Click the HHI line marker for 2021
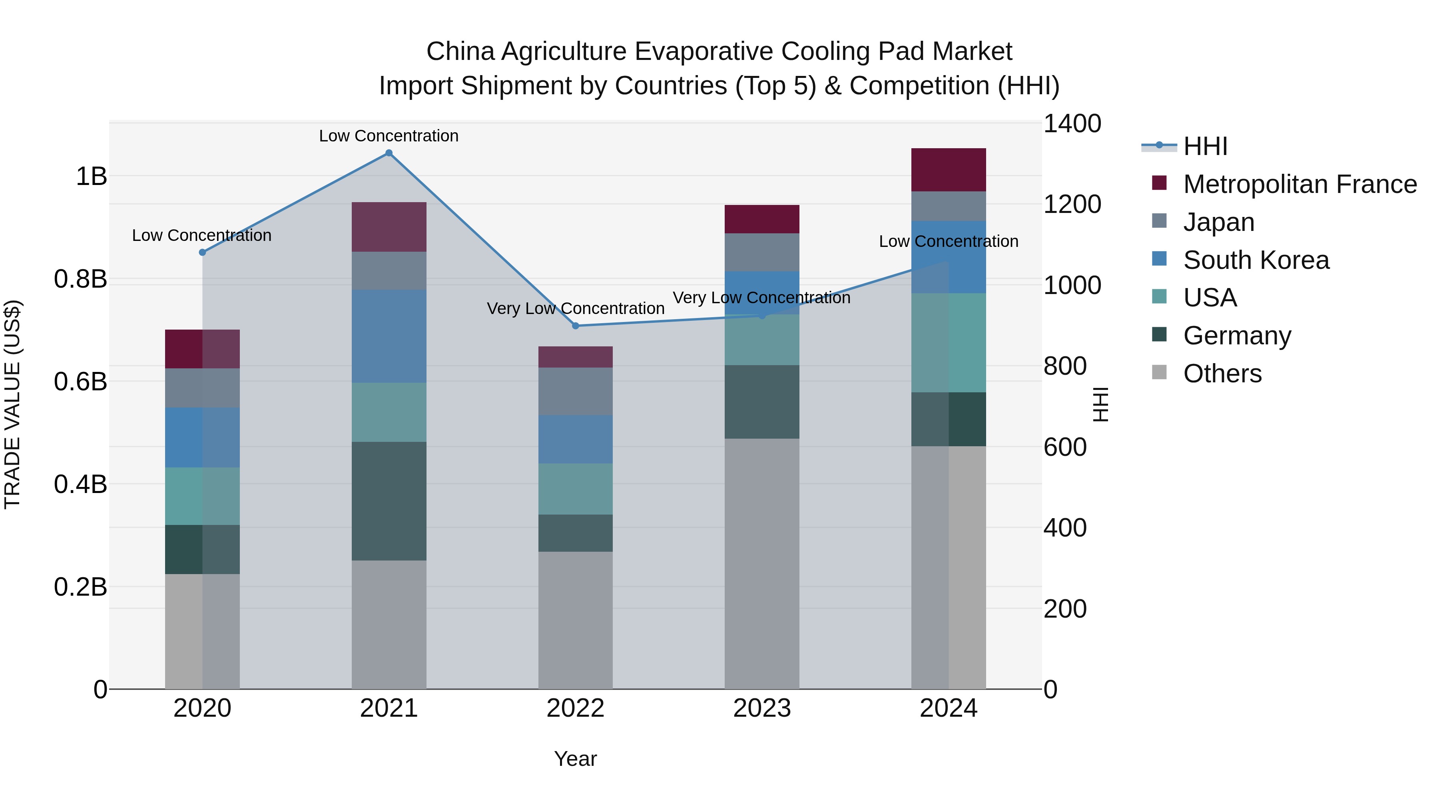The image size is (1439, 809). [389, 153]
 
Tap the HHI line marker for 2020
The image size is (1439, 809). [202, 252]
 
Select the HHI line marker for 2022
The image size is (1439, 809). [575, 326]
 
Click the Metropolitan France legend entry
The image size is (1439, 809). [1299, 184]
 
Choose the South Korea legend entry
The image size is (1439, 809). [1256, 260]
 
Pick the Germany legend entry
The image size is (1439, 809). [1237, 336]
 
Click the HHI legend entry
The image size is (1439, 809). [1205, 146]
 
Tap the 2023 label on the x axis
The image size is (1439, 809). [762, 708]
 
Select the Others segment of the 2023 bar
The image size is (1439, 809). [762, 564]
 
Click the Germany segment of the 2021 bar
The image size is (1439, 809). [389, 501]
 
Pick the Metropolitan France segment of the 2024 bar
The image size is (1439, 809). [949, 170]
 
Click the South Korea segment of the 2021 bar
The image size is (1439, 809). [389, 336]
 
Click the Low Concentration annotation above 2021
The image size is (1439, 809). [389, 136]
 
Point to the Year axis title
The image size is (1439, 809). [575, 759]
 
